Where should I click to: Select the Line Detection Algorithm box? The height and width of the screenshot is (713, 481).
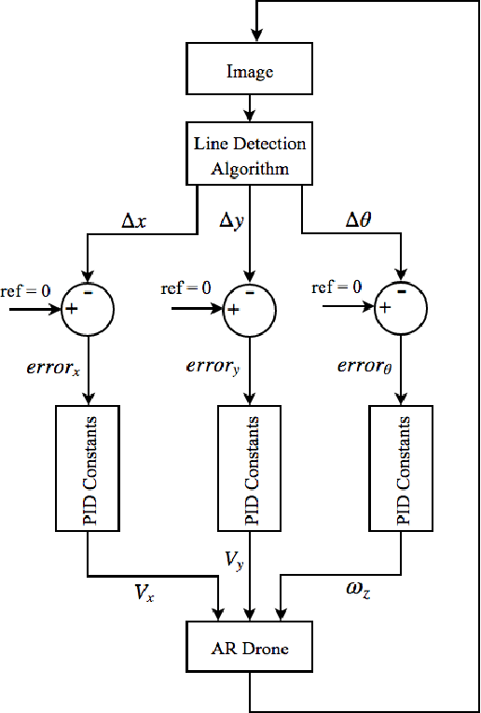point(248,155)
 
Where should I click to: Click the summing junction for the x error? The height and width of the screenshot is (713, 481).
point(87,306)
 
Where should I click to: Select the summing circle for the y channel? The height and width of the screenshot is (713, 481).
point(248,306)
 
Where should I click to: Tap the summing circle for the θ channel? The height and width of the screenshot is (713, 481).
point(402,306)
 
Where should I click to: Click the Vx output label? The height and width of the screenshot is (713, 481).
point(143,592)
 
